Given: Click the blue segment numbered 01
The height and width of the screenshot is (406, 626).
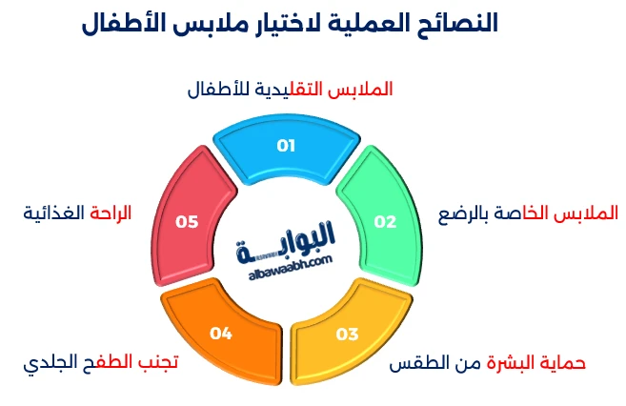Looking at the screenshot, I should [x=286, y=148].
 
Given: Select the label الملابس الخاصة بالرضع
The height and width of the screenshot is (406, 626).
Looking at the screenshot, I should [x=527, y=212].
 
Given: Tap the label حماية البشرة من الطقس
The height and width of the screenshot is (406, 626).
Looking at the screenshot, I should [x=489, y=364].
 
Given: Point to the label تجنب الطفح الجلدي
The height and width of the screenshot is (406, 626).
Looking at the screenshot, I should [x=100, y=364].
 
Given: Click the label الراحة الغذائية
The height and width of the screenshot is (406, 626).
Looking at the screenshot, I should [x=76, y=212].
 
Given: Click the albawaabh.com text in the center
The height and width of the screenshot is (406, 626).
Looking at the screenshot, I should [x=285, y=260].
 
